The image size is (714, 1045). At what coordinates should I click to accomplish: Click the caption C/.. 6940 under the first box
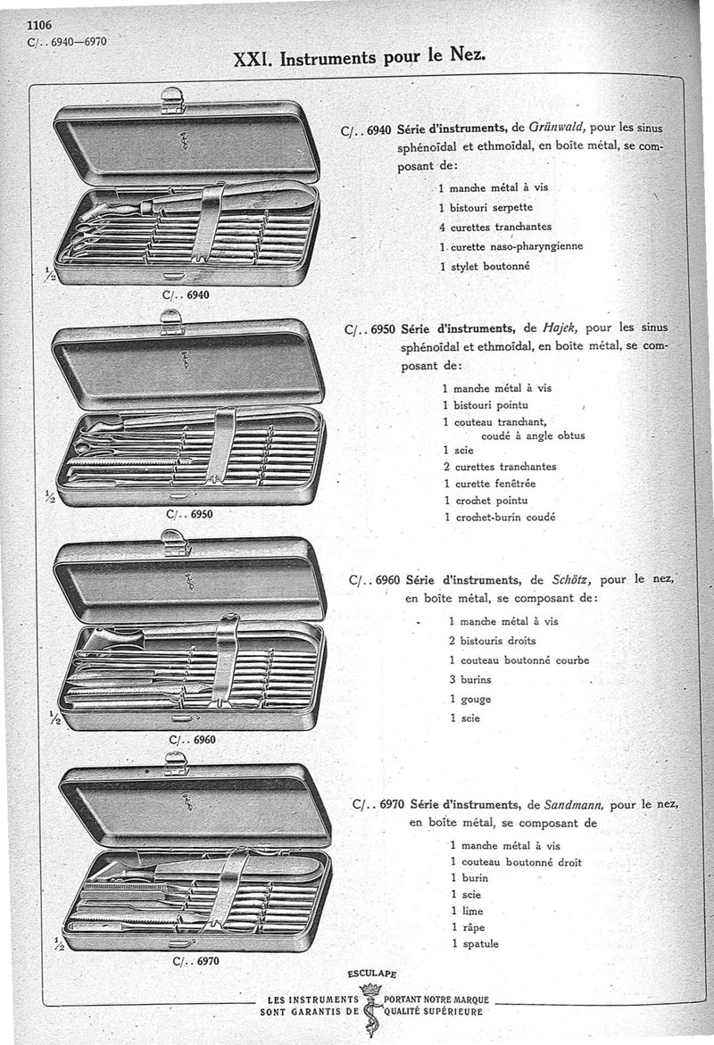coord(187,294)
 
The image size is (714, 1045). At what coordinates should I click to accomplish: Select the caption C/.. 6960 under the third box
coord(192,739)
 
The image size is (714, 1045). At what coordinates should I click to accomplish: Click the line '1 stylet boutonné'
coord(485,266)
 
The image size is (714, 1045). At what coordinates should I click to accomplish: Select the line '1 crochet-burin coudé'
coord(499,517)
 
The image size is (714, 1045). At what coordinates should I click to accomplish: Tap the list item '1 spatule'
coord(475,943)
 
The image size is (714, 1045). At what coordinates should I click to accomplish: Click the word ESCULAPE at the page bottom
coord(371,974)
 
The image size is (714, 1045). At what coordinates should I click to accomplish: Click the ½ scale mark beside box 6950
coord(50,497)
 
